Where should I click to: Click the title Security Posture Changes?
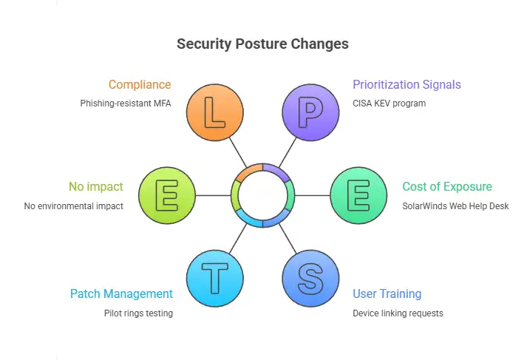(262, 44)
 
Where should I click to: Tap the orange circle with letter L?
(214, 113)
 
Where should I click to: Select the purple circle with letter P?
(310, 113)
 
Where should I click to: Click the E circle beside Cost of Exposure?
(358, 196)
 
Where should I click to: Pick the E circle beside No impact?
(166, 196)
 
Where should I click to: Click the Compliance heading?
(140, 84)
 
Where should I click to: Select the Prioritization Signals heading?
(407, 84)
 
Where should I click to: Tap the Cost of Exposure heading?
(447, 187)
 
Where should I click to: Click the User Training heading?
(387, 294)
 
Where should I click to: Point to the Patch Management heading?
(121, 294)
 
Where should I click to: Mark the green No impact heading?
(96, 187)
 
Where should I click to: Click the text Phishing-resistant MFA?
(126, 103)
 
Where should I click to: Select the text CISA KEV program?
(389, 103)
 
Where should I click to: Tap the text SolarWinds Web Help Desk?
(455, 206)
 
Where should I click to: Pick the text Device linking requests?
(398, 313)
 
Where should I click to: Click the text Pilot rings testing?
(138, 313)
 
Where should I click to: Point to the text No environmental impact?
(74, 206)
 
